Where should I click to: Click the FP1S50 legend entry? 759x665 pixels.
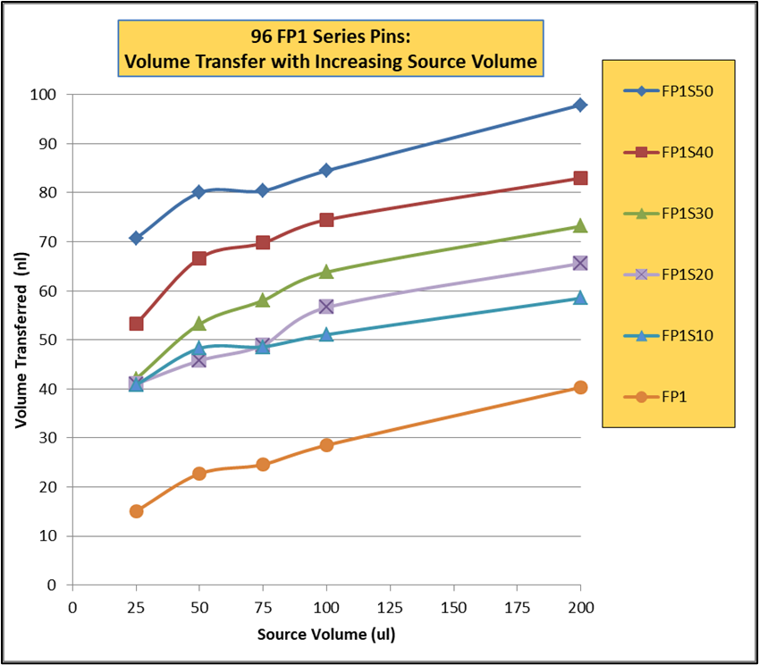click(x=666, y=90)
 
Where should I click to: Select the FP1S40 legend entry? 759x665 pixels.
click(x=666, y=152)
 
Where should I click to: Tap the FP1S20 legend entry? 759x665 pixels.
click(x=666, y=274)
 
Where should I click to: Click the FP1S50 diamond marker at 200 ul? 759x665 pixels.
click(x=580, y=105)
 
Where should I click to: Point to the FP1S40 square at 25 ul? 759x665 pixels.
click(x=136, y=324)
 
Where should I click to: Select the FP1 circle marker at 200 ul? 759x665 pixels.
click(x=580, y=387)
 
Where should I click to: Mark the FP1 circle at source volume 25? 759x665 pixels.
click(x=136, y=511)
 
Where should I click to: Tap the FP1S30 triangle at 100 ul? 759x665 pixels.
click(x=326, y=271)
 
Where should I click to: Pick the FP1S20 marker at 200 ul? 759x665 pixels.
click(x=580, y=263)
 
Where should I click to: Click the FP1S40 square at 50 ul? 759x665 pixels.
click(x=199, y=258)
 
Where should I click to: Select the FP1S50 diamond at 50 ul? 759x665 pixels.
click(x=199, y=192)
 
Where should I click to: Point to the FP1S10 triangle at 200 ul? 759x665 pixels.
click(x=580, y=297)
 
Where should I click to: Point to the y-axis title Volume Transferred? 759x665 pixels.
click(x=20, y=341)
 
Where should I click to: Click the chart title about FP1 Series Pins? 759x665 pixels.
click(x=331, y=49)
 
